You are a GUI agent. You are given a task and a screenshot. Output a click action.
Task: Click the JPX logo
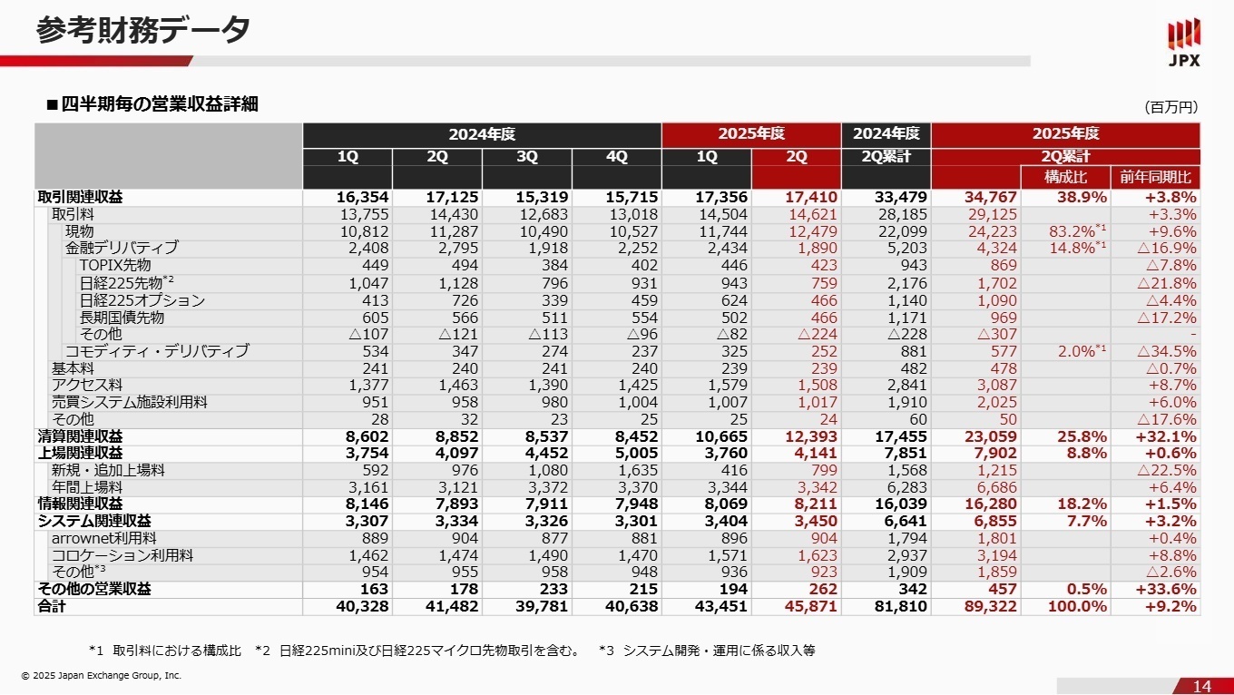tap(1183, 43)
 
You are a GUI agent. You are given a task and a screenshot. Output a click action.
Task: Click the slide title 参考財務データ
tap(143, 30)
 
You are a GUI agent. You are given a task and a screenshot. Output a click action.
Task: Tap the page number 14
tap(1202, 686)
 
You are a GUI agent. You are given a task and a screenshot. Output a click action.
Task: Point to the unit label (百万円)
tap(1170, 107)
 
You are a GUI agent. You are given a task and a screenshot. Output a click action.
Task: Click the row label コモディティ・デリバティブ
tap(156, 351)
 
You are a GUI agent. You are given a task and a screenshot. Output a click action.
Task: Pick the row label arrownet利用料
tap(103, 538)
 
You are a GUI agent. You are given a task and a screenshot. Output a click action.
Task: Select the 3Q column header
tap(526, 157)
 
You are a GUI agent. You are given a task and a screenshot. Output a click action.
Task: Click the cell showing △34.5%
tap(1166, 351)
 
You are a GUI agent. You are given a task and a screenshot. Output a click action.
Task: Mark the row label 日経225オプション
tap(142, 300)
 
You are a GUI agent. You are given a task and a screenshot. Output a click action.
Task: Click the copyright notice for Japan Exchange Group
tap(102, 675)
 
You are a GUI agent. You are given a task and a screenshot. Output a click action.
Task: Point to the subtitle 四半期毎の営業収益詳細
tap(160, 104)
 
